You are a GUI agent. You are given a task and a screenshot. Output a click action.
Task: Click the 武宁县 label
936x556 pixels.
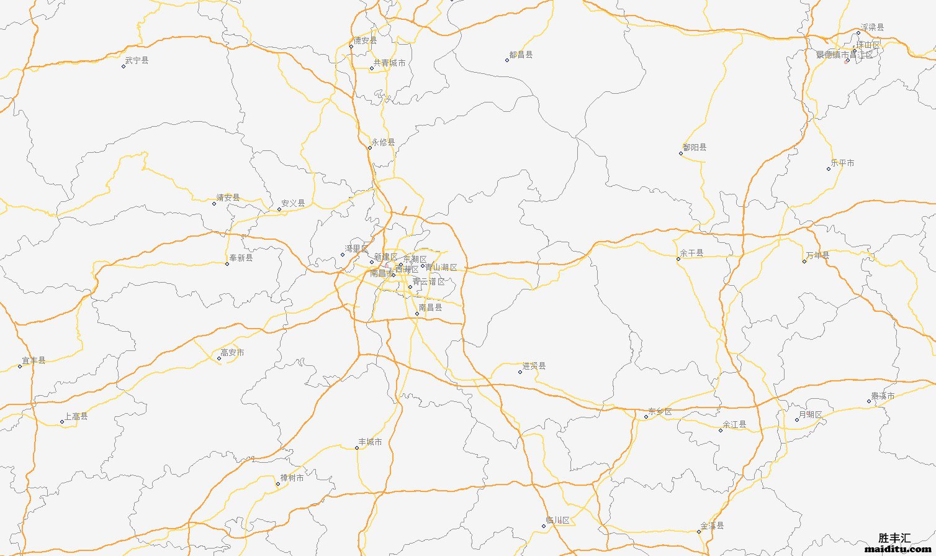point(137,60)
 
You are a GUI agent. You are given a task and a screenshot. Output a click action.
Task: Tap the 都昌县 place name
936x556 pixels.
point(521,55)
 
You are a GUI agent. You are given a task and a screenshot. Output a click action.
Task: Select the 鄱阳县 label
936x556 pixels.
point(695,147)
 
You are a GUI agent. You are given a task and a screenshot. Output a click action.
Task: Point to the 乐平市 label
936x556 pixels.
point(842,163)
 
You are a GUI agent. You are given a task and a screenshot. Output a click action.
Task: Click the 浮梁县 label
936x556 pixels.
point(872,27)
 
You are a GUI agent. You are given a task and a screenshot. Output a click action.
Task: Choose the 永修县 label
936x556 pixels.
point(383,142)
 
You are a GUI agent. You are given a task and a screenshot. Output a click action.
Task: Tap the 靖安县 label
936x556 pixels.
point(228,198)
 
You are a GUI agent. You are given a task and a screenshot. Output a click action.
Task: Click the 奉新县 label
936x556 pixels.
point(241,258)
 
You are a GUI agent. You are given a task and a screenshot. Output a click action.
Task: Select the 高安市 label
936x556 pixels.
point(232,352)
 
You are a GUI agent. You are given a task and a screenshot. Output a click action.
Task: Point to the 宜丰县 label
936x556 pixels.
point(34,360)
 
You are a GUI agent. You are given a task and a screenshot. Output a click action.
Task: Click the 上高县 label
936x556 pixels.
point(76,416)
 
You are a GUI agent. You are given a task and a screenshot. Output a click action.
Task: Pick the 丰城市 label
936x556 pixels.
point(370,442)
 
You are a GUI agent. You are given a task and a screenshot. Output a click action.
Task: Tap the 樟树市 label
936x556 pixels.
point(292,478)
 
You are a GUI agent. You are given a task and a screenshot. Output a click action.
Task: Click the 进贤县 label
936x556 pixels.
point(534,366)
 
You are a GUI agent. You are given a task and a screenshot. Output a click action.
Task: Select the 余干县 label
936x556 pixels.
point(691,253)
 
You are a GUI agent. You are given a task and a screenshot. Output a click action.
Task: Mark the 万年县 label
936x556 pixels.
point(817,255)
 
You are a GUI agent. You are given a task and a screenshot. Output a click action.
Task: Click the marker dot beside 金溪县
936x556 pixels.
point(699,531)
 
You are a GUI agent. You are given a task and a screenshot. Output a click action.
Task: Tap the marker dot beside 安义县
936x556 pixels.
point(279,209)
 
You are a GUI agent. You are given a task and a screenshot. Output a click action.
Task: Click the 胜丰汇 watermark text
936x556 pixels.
point(894,538)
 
